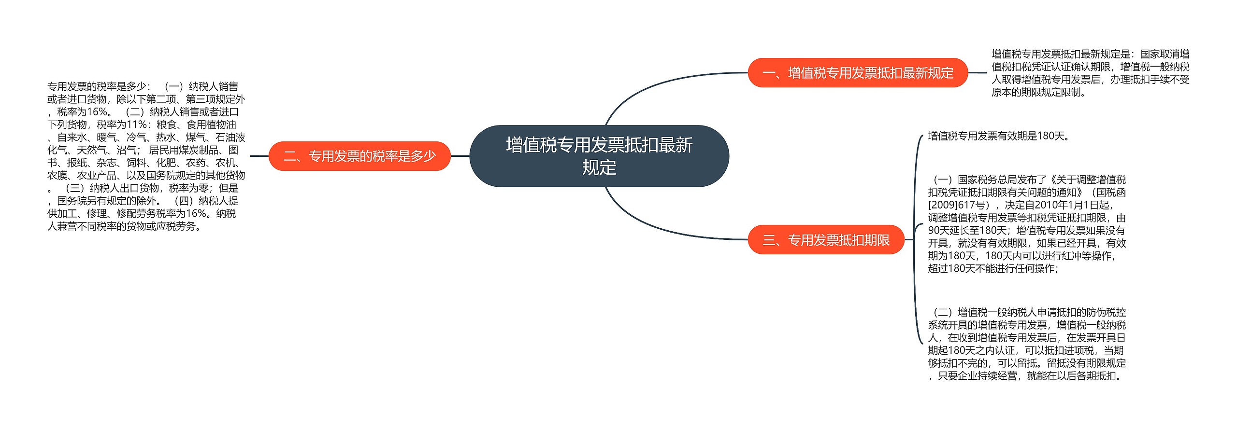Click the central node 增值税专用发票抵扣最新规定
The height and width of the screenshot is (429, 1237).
(x=599, y=156)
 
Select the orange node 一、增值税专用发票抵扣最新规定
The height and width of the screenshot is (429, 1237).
(x=858, y=73)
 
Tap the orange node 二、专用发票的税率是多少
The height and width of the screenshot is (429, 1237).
(x=360, y=156)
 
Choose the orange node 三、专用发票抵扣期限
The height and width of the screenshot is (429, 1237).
(x=826, y=240)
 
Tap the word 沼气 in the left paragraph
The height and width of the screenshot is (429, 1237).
(x=126, y=150)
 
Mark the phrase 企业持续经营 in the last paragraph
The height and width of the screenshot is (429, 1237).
(x=987, y=376)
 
